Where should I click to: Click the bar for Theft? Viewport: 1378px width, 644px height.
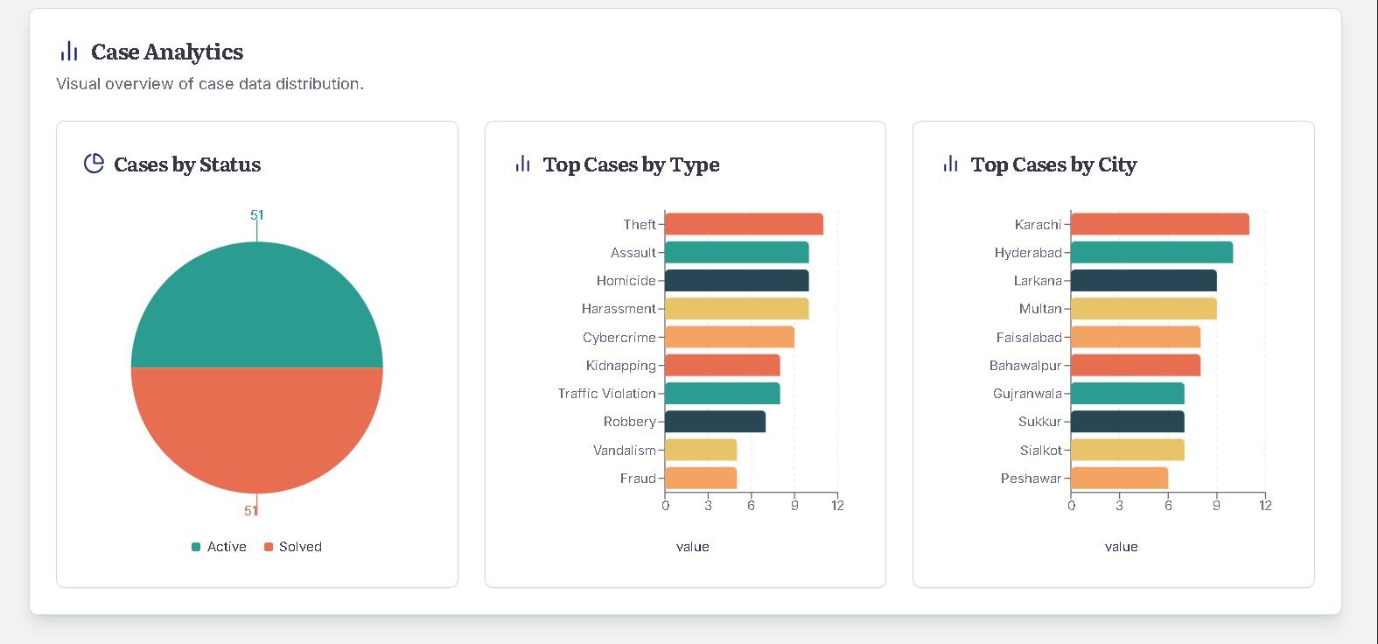click(744, 224)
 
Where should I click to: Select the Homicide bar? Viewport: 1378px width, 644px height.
click(737, 281)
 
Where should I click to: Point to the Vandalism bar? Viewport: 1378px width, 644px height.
click(701, 450)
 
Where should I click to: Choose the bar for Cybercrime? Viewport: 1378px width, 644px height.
click(730, 337)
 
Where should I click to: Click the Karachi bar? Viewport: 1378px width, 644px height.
click(1160, 224)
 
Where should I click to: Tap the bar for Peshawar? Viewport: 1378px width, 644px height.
click(1119, 478)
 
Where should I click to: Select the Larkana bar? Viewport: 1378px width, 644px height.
click(1144, 281)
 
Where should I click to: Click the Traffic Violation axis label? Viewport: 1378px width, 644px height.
click(606, 394)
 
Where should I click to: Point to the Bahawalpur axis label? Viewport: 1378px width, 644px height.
click(1025, 366)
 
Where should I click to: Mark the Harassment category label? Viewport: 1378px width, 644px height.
click(619, 309)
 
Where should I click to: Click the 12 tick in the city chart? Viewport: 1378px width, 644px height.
click(1265, 506)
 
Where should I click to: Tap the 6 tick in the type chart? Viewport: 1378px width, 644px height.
click(751, 506)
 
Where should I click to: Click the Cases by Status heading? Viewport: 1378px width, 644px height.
click(187, 164)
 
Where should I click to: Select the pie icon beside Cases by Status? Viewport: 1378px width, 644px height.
click(94, 164)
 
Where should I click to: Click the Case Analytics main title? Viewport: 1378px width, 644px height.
click(167, 52)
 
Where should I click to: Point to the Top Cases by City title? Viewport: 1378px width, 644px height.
click(1053, 164)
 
